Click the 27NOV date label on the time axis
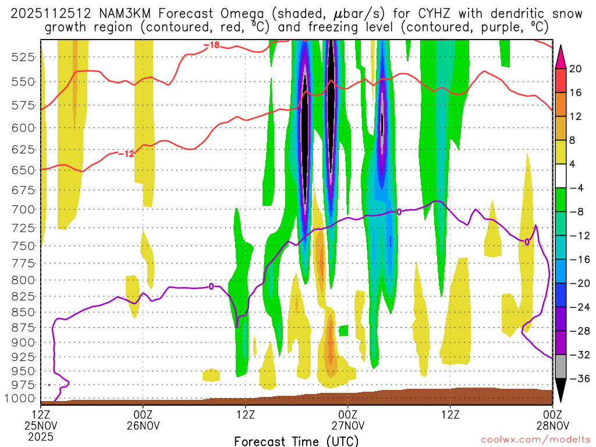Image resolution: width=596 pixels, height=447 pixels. [x=347, y=425]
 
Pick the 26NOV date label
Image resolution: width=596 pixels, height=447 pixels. [x=143, y=425]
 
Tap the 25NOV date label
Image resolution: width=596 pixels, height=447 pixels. [x=41, y=425]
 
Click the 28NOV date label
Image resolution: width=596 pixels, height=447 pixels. [x=552, y=425]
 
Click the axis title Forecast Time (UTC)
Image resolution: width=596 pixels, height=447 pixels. [x=296, y=441]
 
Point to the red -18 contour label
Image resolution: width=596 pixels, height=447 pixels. [x=211, y=45]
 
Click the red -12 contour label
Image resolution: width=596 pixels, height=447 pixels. [x=126, y=154]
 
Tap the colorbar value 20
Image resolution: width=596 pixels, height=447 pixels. [x=576, y=69]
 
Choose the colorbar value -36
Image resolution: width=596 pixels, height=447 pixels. [x=578, y=379]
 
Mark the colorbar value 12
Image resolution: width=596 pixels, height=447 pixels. [x=576, y=116]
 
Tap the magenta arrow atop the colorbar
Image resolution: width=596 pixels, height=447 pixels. [x=560, y=55]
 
